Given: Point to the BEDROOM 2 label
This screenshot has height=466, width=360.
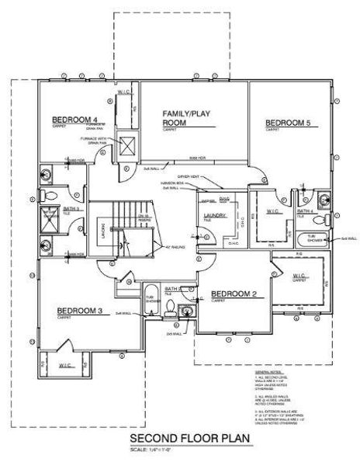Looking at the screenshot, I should pos(234,294).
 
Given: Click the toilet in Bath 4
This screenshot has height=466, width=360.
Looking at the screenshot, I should pos(334,219).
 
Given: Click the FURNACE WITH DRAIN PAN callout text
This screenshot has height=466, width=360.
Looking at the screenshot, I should pos(94,141).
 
